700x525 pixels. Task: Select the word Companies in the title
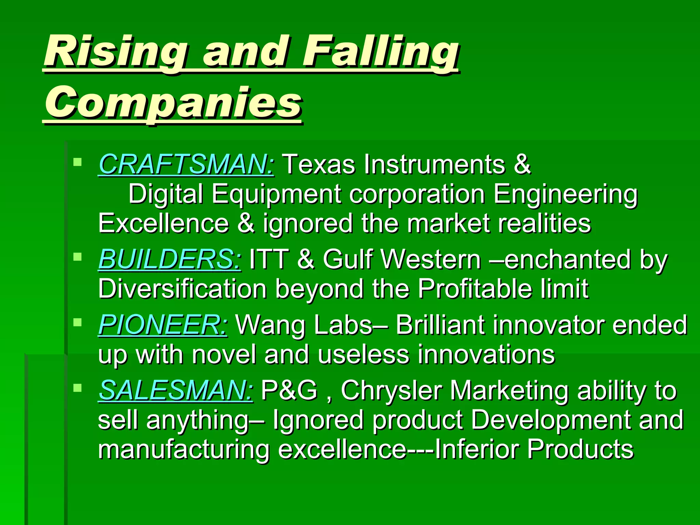pyautogui.click(x=173, y=103)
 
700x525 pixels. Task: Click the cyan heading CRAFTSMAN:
pyautogui.click(x=186, y=164)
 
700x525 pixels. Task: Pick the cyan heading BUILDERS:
pyautogui.click(x=170, y=259)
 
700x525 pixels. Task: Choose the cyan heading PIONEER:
pyautogui.click(x=163, y=325)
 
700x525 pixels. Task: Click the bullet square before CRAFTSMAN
pyautogui.click(x=78, y=161)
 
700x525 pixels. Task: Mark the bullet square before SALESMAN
pyautogui.click(x=78, y=388)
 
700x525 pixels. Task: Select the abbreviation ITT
pyautogui.click(x=269, y=259)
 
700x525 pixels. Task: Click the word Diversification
pyautogui.click(x=182, y=289)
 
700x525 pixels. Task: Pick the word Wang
pyautogui.click(x=270, y=325)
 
